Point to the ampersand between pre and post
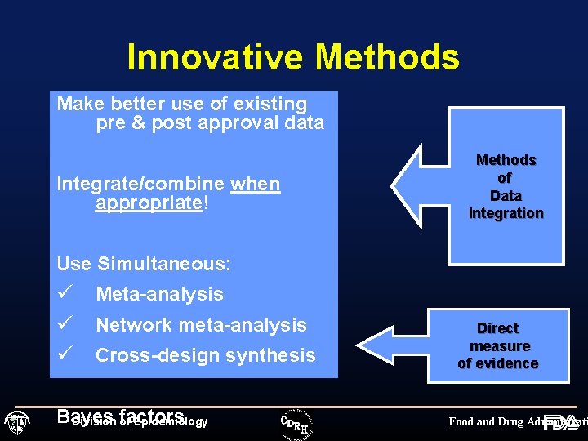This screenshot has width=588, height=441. (x=136, y=123)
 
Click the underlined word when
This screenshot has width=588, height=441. (x=255, y=185)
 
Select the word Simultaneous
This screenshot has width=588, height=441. (x=163, y=264)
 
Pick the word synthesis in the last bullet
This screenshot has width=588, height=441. (x=274, y=356)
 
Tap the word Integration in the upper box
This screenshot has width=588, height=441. (x=506, y=214)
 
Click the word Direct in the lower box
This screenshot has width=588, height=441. (x=498, y=328)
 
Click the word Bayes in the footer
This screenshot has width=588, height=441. (x=85, y=417)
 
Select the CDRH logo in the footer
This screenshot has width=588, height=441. (x=296, y=422)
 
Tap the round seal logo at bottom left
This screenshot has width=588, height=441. (x=17, y=423)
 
